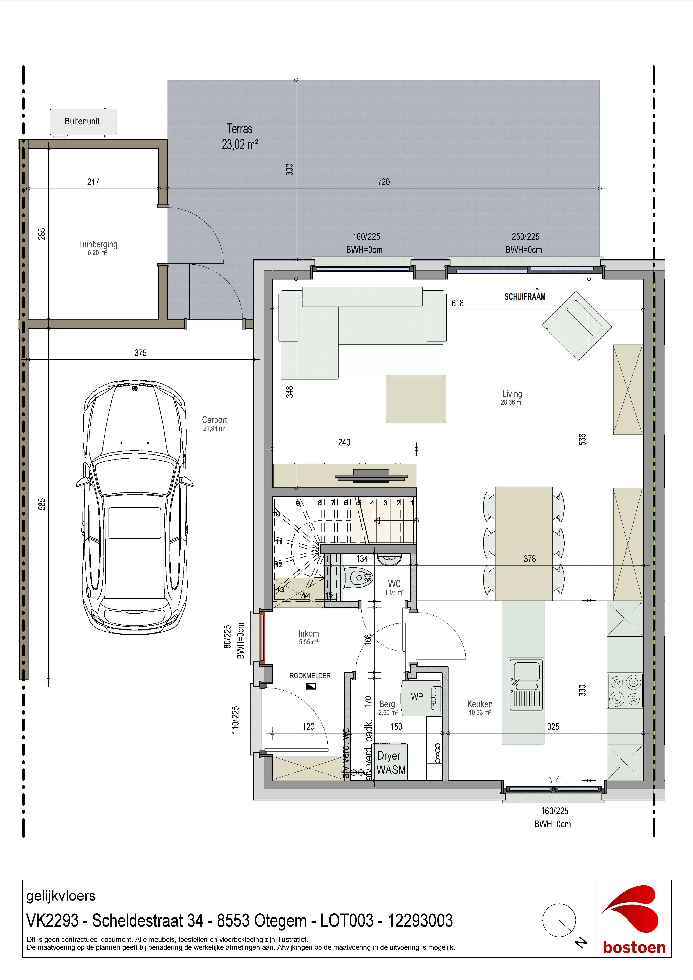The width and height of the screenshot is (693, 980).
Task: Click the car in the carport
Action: pos(135,508)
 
